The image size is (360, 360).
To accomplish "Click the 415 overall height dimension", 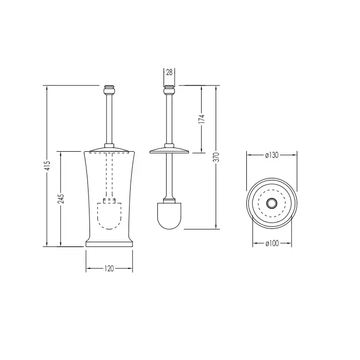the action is click(x=48, y=165).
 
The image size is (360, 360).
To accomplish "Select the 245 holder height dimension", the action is click(x=61, y=199).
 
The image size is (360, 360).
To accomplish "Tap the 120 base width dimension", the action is click(x=109, y=268).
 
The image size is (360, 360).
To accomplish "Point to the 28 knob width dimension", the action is click(x=169, y=73).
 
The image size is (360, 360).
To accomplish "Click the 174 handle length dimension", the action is click(x=202, y=119).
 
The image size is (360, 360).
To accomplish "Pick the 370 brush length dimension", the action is click(x=217, y=157).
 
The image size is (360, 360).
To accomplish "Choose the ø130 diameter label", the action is click(x=272, y=155).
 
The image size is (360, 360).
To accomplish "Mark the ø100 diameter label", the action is click(x=272, y=243).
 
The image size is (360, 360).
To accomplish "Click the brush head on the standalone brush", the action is click(x=169, y=216).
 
